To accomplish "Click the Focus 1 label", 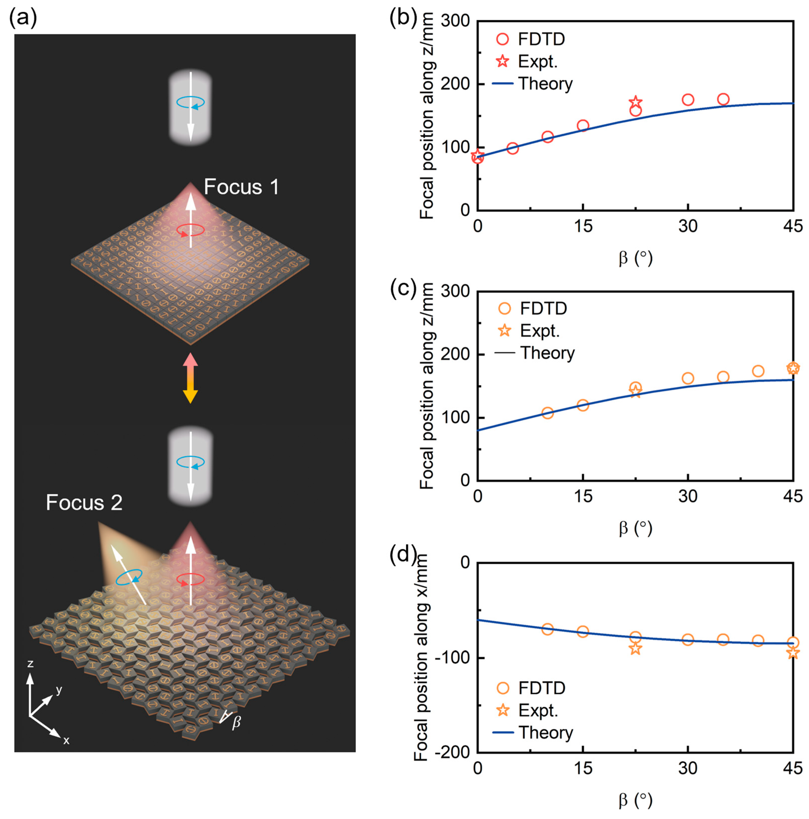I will [x=241, y=187].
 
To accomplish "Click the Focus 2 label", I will [x=84, y=503].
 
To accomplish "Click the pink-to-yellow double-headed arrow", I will [x=190, y=378].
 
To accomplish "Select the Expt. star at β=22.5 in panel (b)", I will [x=635, y=102].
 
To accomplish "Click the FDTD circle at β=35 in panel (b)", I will [x=723, y=99].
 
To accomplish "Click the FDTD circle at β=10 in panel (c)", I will [x=548, y=413].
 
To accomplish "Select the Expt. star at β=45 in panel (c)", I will [x=793, y=368].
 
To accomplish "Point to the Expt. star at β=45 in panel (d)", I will [x=793, y=653].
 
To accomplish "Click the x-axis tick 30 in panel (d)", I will [x=687, y=768].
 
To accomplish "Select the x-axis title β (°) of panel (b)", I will [x=635, y=258].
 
